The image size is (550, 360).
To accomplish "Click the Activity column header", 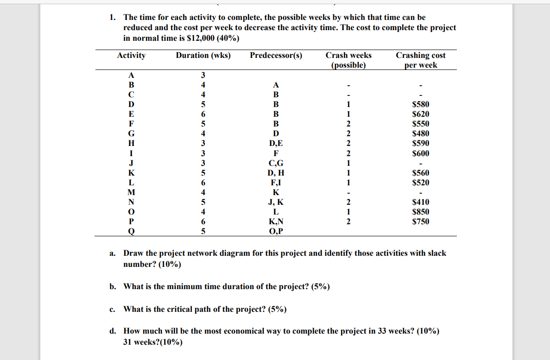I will (131, 56).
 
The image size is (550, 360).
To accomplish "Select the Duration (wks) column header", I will (203, 56).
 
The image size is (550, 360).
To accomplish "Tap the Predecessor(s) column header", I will (276, 56).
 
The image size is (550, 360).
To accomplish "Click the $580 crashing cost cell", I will (421, 104).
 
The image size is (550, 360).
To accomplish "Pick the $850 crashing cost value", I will (421, 212).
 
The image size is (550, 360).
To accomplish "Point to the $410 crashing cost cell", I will (421, 202).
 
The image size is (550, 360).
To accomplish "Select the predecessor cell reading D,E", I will (276, 143).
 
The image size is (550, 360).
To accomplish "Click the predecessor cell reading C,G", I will (276, 163).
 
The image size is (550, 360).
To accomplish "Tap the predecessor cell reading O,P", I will (276, 231).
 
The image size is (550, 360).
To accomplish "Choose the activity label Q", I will (131, 231).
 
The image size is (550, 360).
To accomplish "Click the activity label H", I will (131, 143).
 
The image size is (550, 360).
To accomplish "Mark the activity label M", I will (131, 192).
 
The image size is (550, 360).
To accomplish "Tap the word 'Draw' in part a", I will (133, 253).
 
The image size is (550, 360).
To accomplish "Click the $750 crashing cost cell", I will (421, 221).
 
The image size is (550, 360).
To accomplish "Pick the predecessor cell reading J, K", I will (276, 202).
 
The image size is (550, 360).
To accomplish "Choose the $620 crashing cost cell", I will (421, 114).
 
